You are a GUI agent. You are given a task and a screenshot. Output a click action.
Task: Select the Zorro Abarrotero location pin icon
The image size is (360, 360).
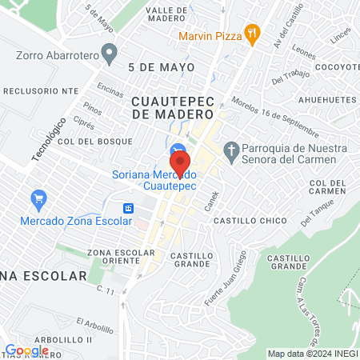[x=111, y=55]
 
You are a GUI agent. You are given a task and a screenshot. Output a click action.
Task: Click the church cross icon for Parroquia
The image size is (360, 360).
[x=232, y=150]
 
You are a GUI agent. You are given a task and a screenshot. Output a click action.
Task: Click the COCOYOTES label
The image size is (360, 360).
[x=337, y=68]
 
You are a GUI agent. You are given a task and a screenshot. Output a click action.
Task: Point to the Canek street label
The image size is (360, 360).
[x=210, y=204]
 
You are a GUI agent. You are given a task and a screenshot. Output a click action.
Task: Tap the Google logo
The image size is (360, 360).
[x=26, y=350]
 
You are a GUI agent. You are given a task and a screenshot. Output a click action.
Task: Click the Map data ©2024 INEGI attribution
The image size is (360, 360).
[x=312, y=354]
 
